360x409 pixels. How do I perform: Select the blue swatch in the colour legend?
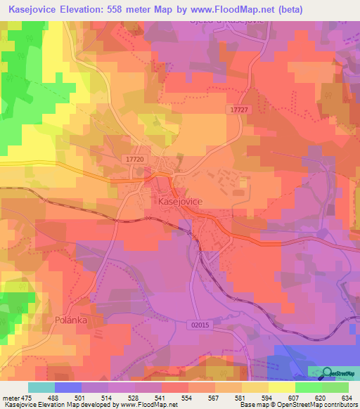68,387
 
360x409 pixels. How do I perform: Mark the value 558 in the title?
138,10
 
